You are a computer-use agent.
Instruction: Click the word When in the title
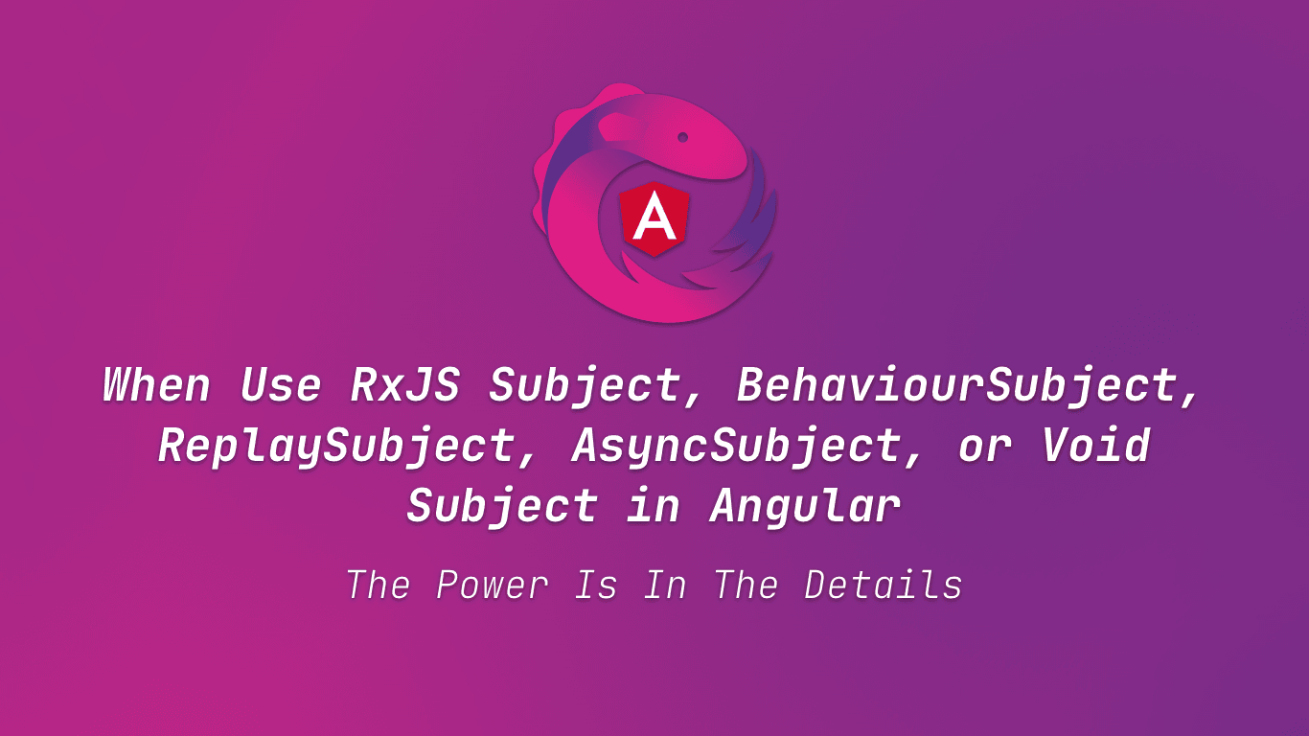pyautogui.click(x=156, y=385)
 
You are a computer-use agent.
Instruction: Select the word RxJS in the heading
pyautogui.click(x=403, y=385)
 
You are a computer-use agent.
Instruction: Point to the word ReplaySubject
pyautogui.click(x=335, y=446)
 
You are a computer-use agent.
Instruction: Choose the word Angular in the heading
pyautogui.click(x=805, y=505)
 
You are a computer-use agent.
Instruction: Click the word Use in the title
pyautogui.click(x=280, y=385)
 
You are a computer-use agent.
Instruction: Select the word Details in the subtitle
pyautogui.click(x=883, y=585)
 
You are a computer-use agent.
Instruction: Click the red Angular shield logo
pyautogui.click(x=655, y=218)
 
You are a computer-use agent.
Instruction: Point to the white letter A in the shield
pyautogui.click(x=655, y=218)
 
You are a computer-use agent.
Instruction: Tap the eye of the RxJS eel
pyautogui.click(x=683, y=137)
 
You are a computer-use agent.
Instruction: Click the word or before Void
pyautogui.click(x=984, y=448)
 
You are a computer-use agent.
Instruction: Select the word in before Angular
pyautogui.click(x=654, y=505)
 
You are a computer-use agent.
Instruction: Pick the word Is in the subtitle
pyautogui.click(x=596, y=585)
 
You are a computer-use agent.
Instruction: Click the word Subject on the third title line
pyautogui.click(x=503, y=505)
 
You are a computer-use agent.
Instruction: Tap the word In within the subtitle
pyautogui.click(x=665, y=585)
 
